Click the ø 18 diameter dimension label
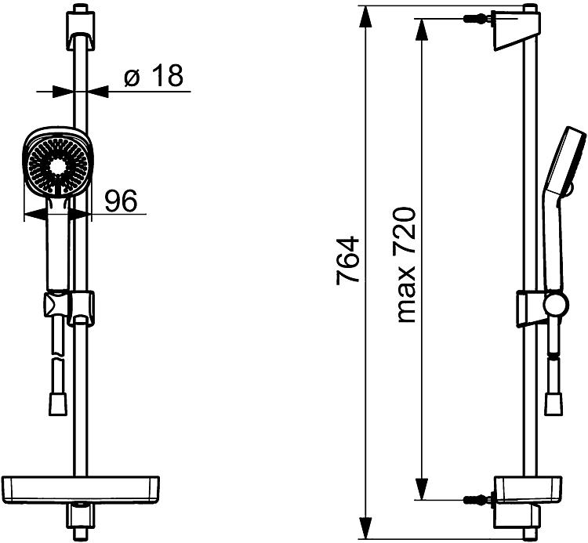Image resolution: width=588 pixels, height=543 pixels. [x=154, y=75]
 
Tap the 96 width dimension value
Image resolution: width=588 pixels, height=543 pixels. [x=121, y=201]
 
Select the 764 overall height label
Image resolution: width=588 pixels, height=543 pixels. [x=347, y=260]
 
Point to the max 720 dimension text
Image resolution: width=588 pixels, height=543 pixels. [x=406, y=265]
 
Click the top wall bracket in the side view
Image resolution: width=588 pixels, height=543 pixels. [x=517, y=31]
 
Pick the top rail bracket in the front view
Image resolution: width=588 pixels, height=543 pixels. [x=80, y=31]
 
